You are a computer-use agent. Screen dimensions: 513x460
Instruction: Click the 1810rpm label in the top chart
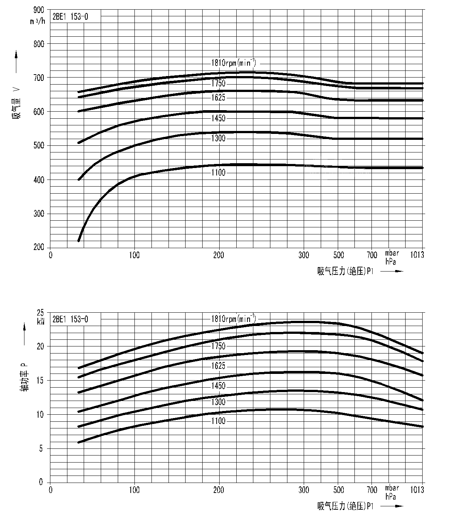coord(233,62)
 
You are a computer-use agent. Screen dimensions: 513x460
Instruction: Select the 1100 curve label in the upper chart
coord(219,172)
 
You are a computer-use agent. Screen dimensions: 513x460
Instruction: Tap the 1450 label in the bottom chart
coord(219,386)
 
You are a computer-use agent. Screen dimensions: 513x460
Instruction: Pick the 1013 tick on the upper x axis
coord(417,255)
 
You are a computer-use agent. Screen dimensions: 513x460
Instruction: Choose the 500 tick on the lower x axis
coord(339,490)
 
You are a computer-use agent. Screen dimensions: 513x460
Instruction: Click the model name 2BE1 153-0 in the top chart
coord(70,17)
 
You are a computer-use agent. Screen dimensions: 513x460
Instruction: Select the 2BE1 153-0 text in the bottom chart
coord(70,319)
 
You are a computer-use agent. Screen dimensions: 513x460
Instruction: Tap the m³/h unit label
coord(38,21)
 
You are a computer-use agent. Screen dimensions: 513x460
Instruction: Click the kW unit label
coord(40,322)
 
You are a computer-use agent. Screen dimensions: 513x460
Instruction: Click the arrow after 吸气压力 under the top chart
coord(392,271)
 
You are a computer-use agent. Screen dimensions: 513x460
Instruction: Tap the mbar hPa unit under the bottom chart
coord(392,492)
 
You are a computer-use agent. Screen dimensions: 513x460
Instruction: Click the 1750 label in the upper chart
coord(219,83)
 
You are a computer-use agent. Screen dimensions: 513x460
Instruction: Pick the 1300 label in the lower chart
coord(219,402)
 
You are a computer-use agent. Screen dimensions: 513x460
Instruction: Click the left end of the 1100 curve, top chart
coord(79,240)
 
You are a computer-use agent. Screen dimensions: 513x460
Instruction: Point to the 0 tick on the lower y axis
coord(41,482)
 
